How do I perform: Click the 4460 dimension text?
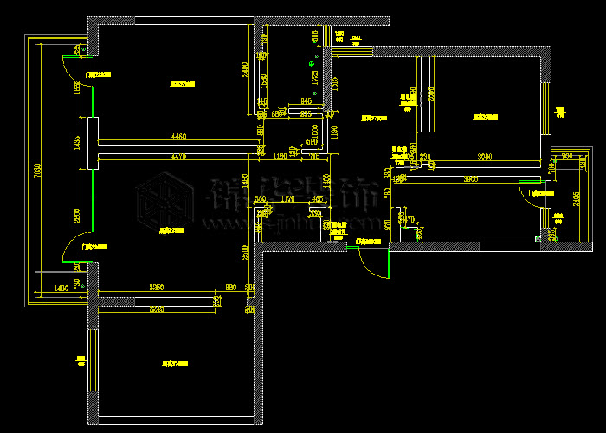[x=178, y=136]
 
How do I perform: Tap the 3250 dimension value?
[x=157, y=287]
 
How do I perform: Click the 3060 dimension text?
[x=485, y=157]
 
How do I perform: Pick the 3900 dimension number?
[x=470, y=179]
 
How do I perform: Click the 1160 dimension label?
[x=280, y=157]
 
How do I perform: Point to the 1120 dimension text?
[x=288, y=198]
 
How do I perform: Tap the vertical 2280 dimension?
[x=430, y=95]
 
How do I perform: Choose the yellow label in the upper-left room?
[x=182, y=85]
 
